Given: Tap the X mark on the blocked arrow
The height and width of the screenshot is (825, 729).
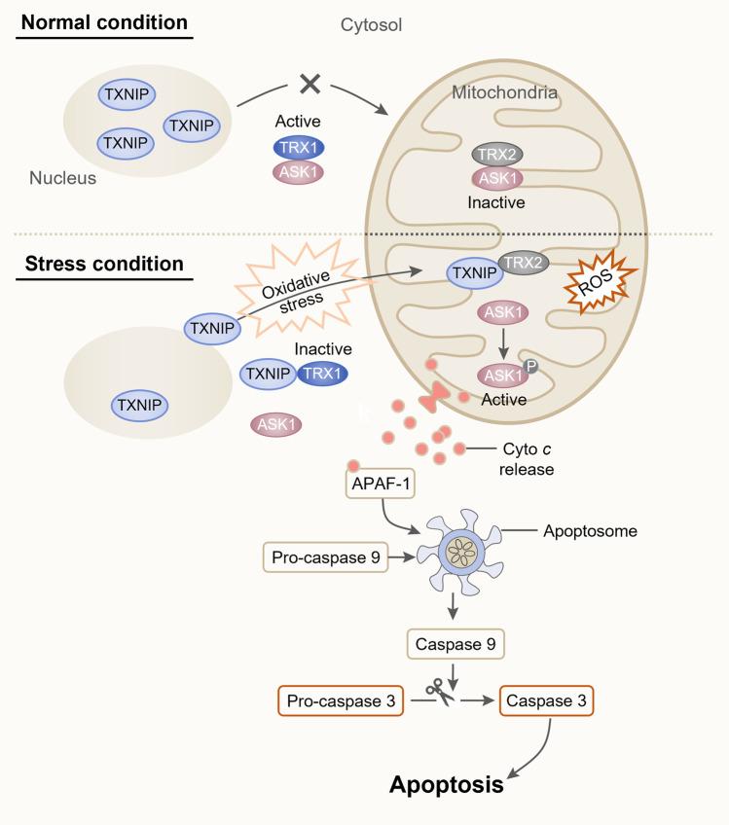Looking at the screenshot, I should click(310, 85).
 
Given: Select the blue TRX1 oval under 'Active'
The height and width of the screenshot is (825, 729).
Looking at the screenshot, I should click(299, 148).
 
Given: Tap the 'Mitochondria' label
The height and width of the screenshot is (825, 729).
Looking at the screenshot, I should click(504, 93).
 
